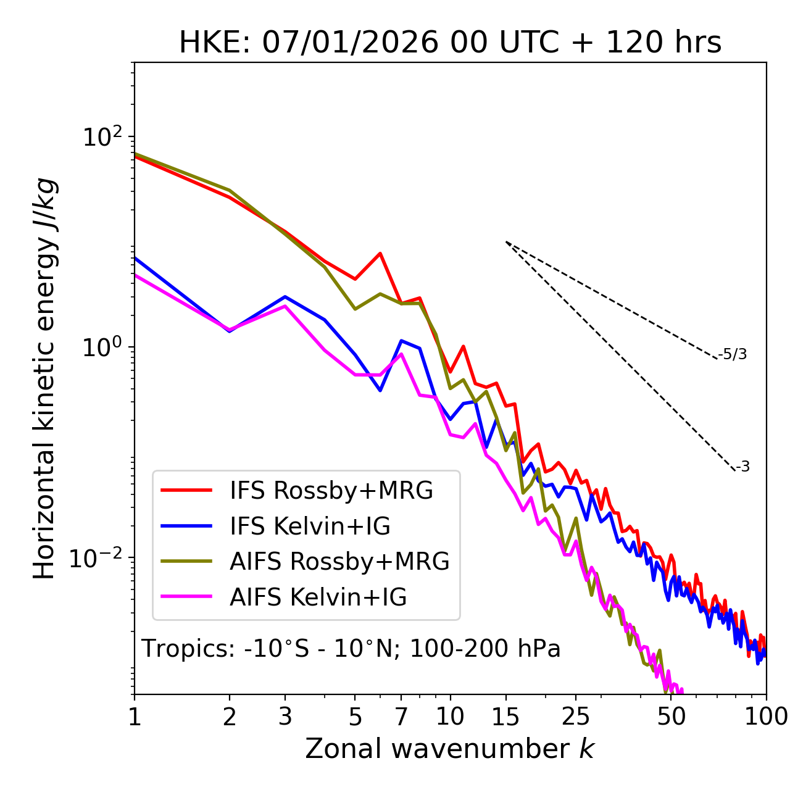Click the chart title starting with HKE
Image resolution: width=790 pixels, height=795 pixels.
pos(450,43)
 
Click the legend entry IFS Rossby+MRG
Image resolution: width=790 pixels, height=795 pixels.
pos(331,491)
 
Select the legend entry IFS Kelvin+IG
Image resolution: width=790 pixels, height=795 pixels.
pos(310,527)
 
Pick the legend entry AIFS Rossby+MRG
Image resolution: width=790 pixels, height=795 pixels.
pos(339,562)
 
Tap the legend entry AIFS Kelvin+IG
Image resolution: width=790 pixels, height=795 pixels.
pos(318,597)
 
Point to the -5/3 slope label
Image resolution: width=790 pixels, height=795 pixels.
pos(733,355)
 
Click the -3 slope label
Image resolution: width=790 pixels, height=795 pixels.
pos(742,467)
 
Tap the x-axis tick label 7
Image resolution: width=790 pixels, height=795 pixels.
pos(401,717)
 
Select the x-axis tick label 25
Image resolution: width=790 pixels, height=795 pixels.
pos(576,717)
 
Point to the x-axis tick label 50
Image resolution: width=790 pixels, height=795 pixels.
pos(671,717)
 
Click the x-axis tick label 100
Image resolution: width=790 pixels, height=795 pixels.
pos(765,717)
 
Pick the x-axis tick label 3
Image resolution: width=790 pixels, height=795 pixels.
pos(285,717)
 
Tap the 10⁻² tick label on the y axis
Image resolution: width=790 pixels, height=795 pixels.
pos(99,557)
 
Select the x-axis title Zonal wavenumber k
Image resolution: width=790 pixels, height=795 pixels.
pos(450,749)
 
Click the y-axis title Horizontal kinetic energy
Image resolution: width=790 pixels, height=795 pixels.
pos(45,378)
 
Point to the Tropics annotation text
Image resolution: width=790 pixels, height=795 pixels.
pos(351,649)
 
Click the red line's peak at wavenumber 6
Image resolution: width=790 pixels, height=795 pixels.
pos(380,253)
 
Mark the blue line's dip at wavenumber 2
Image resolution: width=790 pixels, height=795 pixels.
pos(230,331)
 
